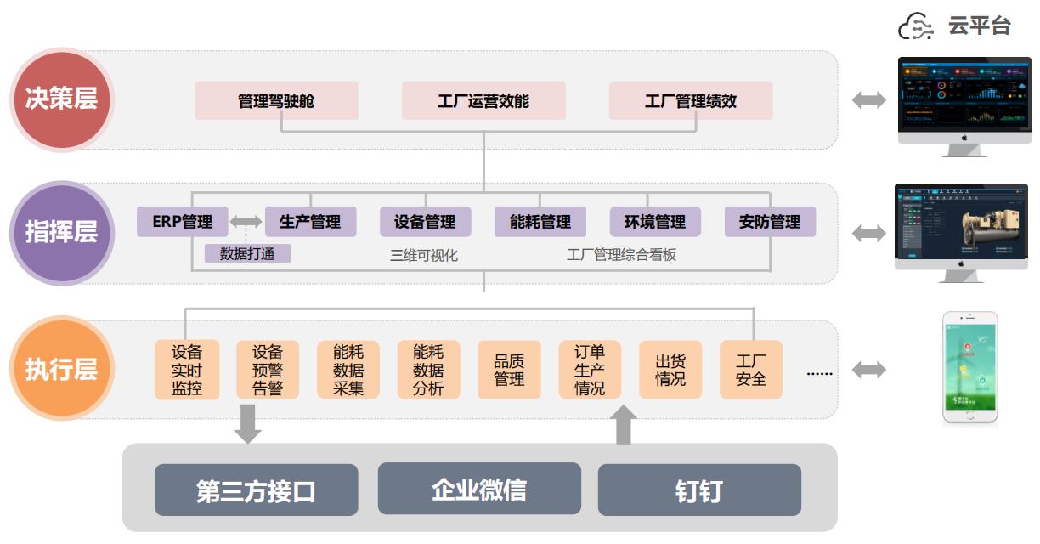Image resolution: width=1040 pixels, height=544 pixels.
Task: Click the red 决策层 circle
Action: coord(61,99)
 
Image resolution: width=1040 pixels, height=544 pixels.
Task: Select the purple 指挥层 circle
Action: coord(61,232)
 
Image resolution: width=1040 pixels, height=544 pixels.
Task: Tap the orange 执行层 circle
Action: coord(61,370)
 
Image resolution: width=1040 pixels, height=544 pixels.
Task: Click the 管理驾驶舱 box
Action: coord(276,101)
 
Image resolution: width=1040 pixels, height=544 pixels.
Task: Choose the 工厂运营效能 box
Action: coord(483,101)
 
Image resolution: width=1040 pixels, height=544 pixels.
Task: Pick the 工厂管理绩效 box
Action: coord(691,101)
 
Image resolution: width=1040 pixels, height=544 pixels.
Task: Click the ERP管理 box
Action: coord(183,222)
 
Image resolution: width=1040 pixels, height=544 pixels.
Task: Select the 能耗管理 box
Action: coord(540,222)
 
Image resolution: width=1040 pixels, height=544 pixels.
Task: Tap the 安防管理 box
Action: coord(770,222)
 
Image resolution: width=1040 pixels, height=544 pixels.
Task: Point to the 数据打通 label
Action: coord(247,253)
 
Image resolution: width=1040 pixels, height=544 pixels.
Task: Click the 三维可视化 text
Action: coord(424,254)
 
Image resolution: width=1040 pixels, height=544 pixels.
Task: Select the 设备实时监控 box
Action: coord(187,370)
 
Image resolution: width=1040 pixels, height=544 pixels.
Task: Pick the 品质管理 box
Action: coord(509,370)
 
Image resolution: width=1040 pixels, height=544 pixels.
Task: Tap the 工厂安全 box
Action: coord(751,370)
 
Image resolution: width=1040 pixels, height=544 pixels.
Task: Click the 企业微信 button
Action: coord(479,489)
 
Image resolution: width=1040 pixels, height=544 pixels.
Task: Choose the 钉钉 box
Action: coord(699,490)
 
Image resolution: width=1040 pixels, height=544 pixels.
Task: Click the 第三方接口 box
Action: coord(256,490)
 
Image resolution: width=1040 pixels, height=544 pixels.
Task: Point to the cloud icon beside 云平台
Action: coord(917,26)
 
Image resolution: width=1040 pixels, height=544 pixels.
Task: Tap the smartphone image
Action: coord(969,367)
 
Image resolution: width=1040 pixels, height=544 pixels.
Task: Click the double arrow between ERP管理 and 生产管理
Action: coord(246,222)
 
